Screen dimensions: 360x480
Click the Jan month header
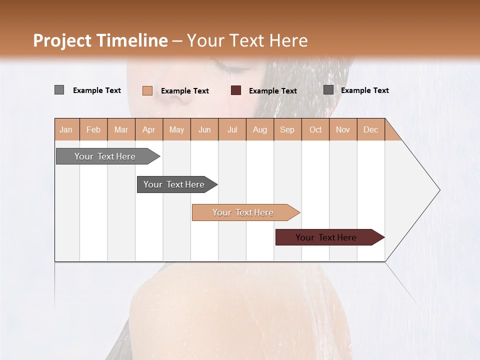[x=66, y=129]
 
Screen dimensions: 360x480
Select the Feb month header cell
[x=93, y=129]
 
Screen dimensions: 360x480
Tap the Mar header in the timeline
[x=121, y=129]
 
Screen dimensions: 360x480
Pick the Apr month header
[x=149, y=129]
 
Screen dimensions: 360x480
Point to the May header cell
[x=176, y=129]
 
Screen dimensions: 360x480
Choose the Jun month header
[x=204, y=129]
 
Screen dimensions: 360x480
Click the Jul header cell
[x=232, y=129]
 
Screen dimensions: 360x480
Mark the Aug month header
[x=260, y=129]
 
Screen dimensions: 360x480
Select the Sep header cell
[x=287, y=129]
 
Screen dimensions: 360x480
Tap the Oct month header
[x=315, y=129]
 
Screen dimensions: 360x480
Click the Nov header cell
[x=343, y=129]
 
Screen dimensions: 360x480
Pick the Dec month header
[x=370, y=129]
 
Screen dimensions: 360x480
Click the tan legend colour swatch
[x=147, y=90]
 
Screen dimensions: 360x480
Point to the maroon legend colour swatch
[x=236, y=90]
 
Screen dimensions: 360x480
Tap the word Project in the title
[x=62, y=40]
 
